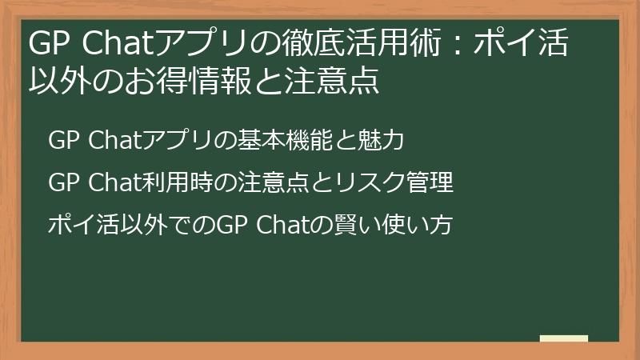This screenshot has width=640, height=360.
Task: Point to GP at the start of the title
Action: pyautogui.click(x=46, y=45)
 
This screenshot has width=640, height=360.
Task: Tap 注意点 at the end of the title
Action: pyautogui.click(x=336, y=82)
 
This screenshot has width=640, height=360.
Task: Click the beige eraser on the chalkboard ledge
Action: pyautogui.click(x=563, y=338)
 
